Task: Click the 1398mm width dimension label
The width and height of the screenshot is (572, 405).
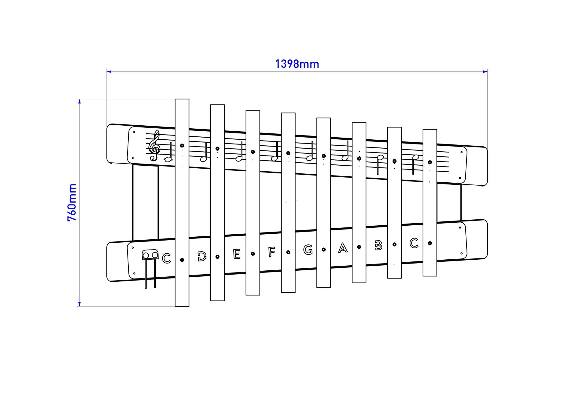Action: tap(297, 64)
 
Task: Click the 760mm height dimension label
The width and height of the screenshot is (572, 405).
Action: tap(72, 203)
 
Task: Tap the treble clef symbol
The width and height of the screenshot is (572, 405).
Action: tap(155, 145)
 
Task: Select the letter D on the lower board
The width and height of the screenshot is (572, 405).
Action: tap(202, 256)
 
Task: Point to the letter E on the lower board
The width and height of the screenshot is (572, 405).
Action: tap(237, 254)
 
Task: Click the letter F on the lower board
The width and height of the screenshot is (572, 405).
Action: tap(271, 252)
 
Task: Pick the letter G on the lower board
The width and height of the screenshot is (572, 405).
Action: tap(308, 250)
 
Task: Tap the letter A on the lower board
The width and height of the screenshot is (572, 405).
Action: tap(343, 247)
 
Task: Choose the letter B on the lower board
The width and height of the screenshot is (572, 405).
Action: tap(379, 245)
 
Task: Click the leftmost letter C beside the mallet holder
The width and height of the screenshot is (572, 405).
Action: tap(167, 258)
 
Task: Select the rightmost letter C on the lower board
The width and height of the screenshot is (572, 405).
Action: tap(414, 243)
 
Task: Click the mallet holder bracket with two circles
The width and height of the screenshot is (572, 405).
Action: tap(150, 255)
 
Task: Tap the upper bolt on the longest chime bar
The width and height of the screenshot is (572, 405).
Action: tap(182, 146)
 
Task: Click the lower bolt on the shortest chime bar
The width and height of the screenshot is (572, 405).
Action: tap(430, 243)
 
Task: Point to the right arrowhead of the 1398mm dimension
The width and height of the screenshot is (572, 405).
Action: tap(485, 72)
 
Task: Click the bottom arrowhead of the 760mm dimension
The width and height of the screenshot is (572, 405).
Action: tap(80, 304)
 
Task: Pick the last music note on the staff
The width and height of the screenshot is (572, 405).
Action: tap(415, 164)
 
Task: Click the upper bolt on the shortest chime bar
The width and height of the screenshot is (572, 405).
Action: tap(430, 162)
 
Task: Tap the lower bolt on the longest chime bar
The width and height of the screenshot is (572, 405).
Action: tap(182, 260)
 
